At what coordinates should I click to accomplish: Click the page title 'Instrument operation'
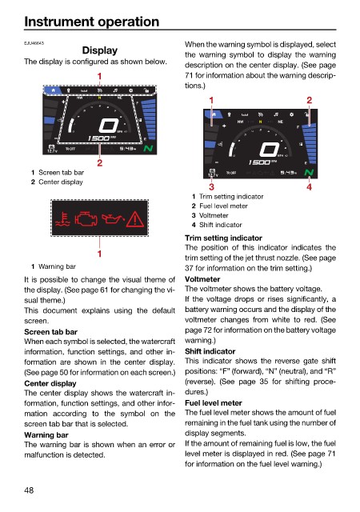click(x=92, y=22)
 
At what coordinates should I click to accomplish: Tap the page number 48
click(x=29, y=490)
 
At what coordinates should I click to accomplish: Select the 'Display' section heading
click(x=100, y=50)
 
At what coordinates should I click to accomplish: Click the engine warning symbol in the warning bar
click(x=86, y=218)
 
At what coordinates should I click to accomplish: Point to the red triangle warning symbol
click(x=135, y=218)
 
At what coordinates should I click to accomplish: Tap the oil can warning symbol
click(x=113, y=218)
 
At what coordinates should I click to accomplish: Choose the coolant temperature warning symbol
click(x=63, y=219)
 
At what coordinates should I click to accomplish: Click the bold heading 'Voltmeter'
click(x=202, y=279)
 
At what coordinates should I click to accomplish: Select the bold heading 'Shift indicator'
click(x=210, y=351)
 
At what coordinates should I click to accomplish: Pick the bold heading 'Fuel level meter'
click(x=214, y=403)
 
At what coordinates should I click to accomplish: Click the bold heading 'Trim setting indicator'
click(x=223, y=238)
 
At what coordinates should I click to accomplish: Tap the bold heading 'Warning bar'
click(x=46, y=435)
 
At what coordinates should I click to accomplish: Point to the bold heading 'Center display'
click(x=50, y=383)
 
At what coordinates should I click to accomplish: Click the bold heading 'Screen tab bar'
click(x=50, y=332)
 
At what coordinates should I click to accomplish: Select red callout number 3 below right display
click(x=211, y=186)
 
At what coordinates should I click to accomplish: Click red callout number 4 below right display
click(x=309, y=186)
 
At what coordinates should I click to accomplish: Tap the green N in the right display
click(x=309, y=173)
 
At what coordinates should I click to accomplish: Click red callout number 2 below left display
click(x=100, y=162)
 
